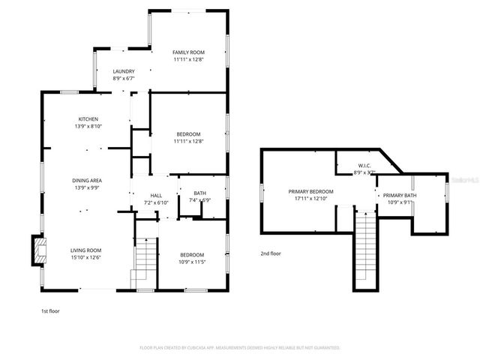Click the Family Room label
point(188,52)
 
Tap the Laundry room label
point(124,71)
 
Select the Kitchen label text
point(89,119)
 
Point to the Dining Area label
point(87,180)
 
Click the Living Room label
point(86,250)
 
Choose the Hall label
point(156,195)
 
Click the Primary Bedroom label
point(310,191)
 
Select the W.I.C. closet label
point(364,166)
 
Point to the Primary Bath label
point(400,195)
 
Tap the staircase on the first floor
point(145,262)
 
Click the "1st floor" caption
point(51,310)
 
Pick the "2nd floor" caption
point(271,253)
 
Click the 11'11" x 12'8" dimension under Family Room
point(188,59)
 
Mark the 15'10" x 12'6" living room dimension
point(86,258)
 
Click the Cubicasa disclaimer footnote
point(240,348)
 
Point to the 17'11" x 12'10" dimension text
point(310,199)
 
